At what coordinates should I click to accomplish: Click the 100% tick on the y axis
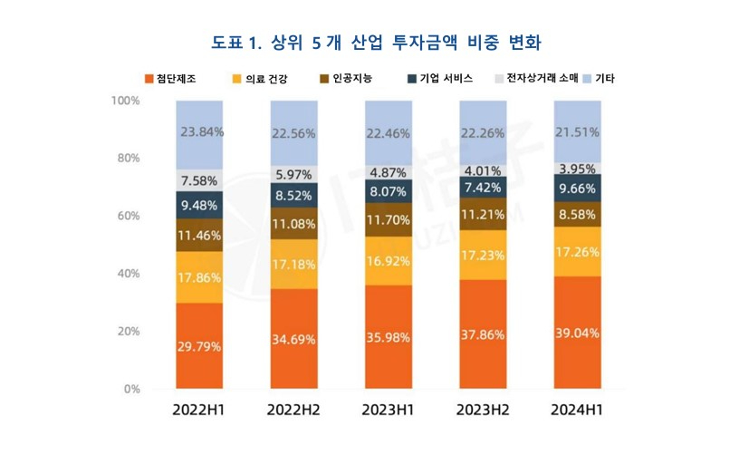(x=125, y=101)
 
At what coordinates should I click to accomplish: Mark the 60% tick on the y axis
(x=128, y=216)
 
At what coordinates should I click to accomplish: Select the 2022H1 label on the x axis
(x=199, y=410)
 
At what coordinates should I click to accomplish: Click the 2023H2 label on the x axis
(x=483, y=410)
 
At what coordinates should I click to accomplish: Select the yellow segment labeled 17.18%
(x=293, y=264)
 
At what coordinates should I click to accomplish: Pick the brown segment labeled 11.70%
(x=388, y=219)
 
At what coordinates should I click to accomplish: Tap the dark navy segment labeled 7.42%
(x=483, y=188)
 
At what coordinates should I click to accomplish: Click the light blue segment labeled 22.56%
(x=293, y=133)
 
